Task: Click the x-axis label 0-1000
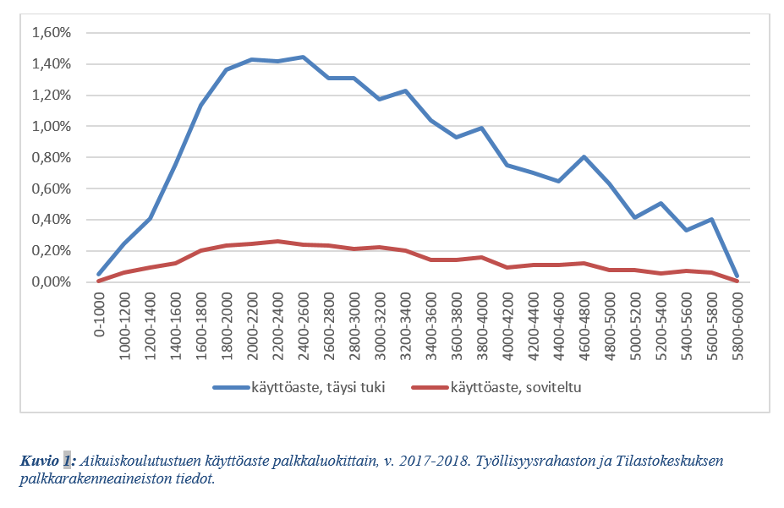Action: pyautogui.click(x=99, y=314)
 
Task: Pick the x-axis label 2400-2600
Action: pyautogui.click(x=303, y=325)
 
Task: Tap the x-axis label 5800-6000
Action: pyautogui.click(x=737, y=325)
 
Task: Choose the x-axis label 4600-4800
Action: pyautogui.click(x=584, y=325)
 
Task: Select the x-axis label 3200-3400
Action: pyautogui.click(x=405, y=325)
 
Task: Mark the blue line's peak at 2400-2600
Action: pyautogui.click(x=303, y=57)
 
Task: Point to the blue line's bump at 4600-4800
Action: pyautogui.click(x=584, y=157)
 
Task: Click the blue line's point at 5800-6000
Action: pyautogui.click(x=737, y=276)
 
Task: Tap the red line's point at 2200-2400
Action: pyautogui.click(x=277, y=241)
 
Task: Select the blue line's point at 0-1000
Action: pyautogui.click(x=99, y=274)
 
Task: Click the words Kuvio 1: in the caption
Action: pyautogui.click(x=48, y=461)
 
